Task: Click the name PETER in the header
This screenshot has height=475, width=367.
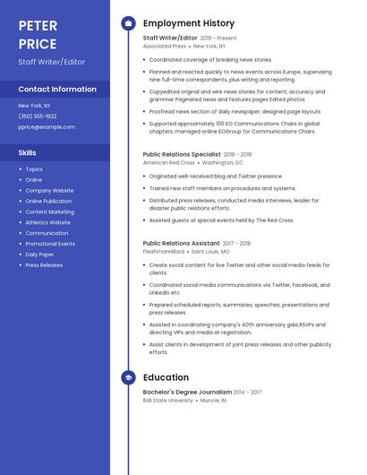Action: pos(38,25)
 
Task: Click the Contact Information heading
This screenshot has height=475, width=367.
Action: pos(57,89)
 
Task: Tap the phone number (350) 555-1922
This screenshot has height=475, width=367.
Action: pos(38,117)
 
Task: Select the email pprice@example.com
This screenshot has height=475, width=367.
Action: pos(47,127)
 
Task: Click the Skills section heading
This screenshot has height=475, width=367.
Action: pos(27,152)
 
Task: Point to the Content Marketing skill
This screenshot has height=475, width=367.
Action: pos(49,212)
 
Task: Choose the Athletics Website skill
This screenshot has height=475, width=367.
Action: pos(47,222)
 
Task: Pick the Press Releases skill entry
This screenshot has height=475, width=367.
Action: pos(44,265)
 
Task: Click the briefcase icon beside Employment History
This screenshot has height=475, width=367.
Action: pos(128,23)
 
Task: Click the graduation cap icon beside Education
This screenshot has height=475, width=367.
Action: pos(128,377)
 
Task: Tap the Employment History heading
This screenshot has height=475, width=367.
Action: pos(188,23)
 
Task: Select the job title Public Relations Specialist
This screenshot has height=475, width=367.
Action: pos(181,154)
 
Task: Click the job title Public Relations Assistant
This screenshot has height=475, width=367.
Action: pos(181,243)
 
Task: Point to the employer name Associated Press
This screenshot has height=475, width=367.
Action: pos(165,46)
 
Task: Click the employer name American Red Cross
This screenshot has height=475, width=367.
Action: pos(168,162)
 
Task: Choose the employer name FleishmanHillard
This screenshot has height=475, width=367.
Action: pos(164,251)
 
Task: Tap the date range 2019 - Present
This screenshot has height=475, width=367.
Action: pos(219,39)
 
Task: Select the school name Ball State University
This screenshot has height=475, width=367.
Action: pos(167,401)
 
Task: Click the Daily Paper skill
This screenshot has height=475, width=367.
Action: pos(39,255)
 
